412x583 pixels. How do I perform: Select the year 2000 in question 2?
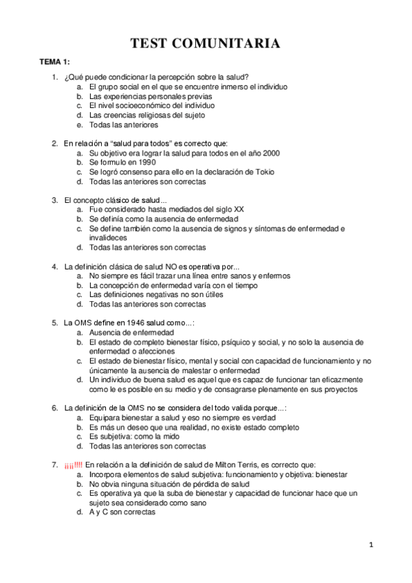point(270,153)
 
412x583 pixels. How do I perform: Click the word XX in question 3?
point(239,209)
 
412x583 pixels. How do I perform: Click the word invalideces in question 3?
point(108,238)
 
